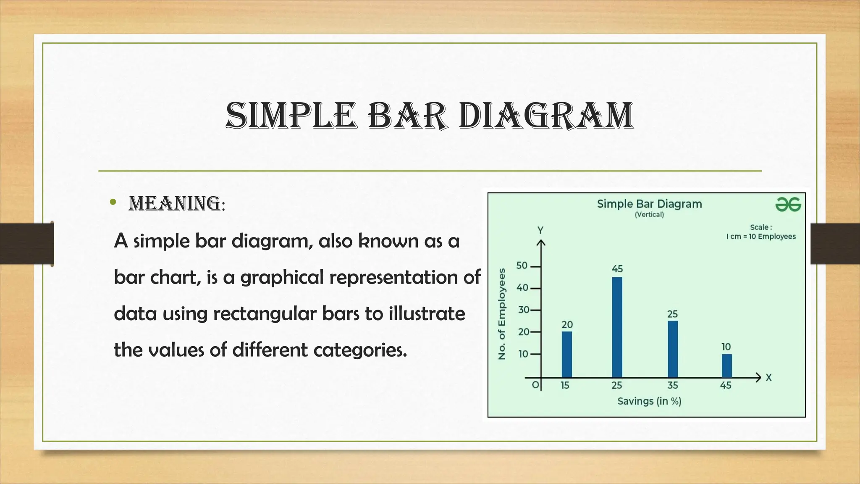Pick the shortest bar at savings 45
coord(726,366)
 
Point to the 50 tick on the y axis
coord(522,266)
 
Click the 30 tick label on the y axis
coord(523,310)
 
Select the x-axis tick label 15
coord(565,385)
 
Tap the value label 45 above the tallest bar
coord(617,268)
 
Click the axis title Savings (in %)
coord(649,401)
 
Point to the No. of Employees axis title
coord(501,314)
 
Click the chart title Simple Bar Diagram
coord(649,204)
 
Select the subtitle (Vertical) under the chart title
coord(649,215)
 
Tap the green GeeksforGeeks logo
coord(788,205)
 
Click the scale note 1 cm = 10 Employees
coord(761,237)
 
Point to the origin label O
coord(535,385)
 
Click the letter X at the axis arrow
coord(768,378)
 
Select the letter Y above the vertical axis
coord(540,230)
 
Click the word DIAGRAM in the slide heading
coord(545,116)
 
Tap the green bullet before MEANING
coord(112,203)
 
